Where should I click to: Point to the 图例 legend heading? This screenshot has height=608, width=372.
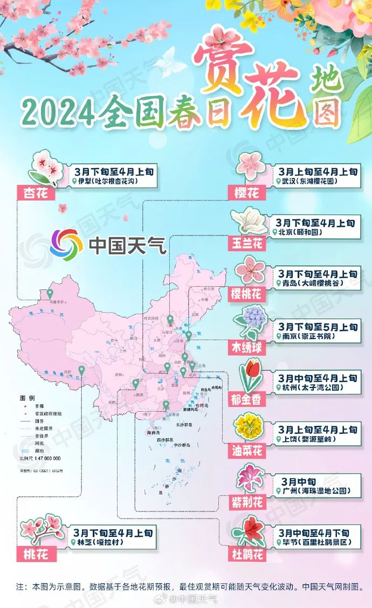pos(27,397)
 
